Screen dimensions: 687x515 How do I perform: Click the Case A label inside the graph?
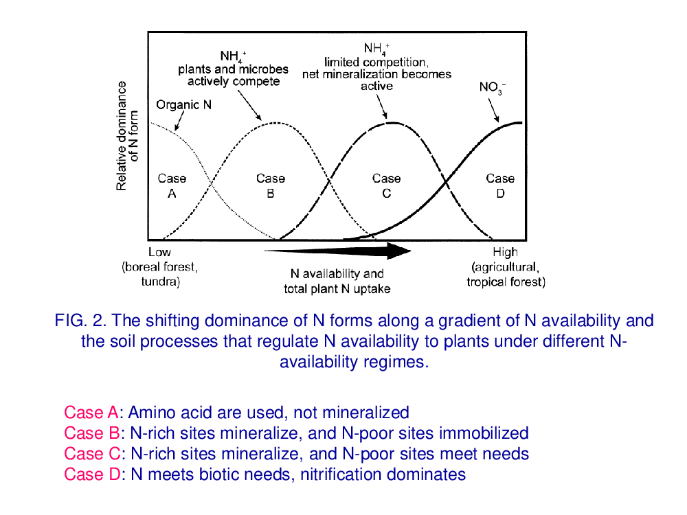pos(172,185)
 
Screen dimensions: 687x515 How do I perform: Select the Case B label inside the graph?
pos(270,185)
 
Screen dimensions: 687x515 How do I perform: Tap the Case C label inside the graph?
pos(386,185)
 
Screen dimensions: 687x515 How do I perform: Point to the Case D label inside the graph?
pos(500,185)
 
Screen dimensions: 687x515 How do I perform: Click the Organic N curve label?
pos(183,105)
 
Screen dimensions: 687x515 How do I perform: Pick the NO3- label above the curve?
pos(493,88)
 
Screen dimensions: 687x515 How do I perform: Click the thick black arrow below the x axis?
pos(337,251)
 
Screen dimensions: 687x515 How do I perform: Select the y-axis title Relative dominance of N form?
pos(127,136)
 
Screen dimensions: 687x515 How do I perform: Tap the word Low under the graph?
pos(159,252)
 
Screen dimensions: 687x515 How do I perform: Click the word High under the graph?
pos(505,252)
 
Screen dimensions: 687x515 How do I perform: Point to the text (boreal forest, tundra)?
pos(160,274)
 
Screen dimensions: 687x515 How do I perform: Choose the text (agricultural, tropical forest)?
pos(506,275)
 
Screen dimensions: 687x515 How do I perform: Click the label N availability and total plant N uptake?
pos(337,281)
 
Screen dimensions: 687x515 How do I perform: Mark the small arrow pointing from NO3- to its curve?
pos(493,110)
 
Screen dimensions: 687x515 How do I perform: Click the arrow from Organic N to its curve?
pos(179,121)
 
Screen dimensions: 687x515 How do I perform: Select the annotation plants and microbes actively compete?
pos(233,76)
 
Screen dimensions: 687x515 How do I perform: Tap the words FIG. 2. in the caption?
pos(80,321)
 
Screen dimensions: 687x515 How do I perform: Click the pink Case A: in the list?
pos(93,413)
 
